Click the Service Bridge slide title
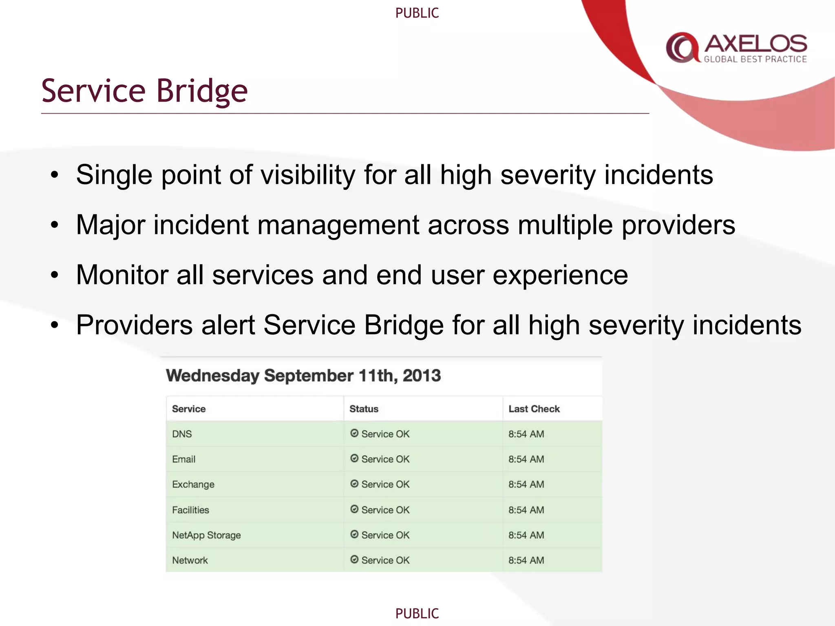144,90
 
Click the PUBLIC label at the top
417,13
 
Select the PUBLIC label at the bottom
417,613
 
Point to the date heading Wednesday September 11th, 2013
303,375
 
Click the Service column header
189,409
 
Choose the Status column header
364,409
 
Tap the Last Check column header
534,409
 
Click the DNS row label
182,434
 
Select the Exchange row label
193,485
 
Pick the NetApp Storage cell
206,535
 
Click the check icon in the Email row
354,458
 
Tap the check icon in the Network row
354,560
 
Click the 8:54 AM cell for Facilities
526,510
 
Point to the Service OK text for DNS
385,434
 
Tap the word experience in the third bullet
560,276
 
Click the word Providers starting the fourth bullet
135,325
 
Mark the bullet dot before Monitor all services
55,276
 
